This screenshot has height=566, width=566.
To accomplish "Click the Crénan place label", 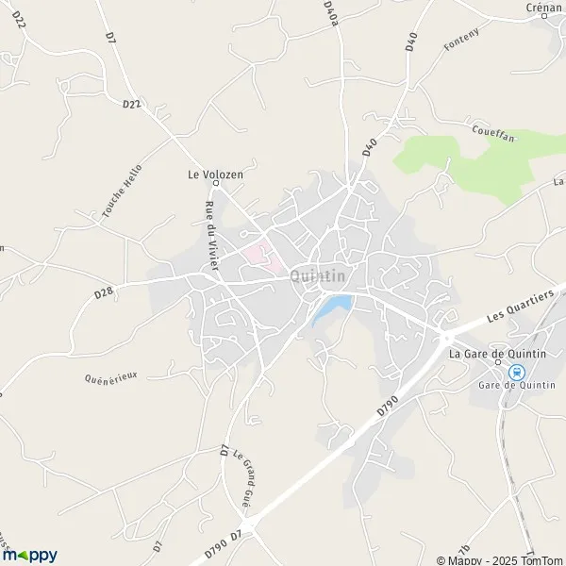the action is pyautogui.click(x=544, y=8).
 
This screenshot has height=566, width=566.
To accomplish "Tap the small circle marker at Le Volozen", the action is pyautogui.click(x=214, y=184).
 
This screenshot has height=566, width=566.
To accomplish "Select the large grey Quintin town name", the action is pyautogui.click(x=318, y=275).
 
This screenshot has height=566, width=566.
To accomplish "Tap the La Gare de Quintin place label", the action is pyautogui.click(x=497, y=354).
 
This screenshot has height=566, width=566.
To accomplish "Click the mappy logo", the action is pyautogui.click(x=30, y=555).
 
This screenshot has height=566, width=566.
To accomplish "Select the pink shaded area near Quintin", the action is pyautogui.click(x=256, y=255).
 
